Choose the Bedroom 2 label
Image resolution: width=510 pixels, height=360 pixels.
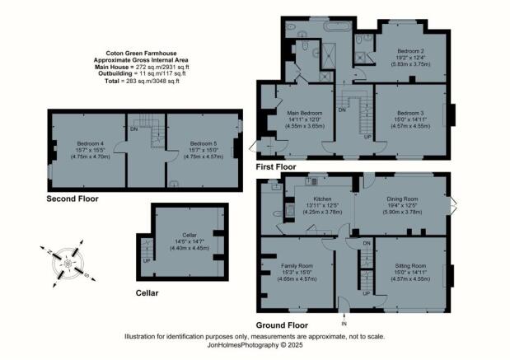tap(409, 50)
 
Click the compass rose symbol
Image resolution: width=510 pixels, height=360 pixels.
tap(68, 261)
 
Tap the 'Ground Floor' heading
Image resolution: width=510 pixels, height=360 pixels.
tap(286, 325)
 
